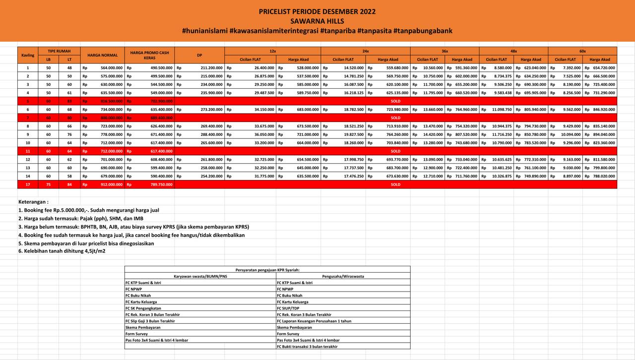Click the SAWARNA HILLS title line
pyautogui.click(x=317, y=21)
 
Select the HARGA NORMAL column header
pyautogui.click(x=102, y=55)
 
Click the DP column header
pyautogui.click(x=199, y=55)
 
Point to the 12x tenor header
pyautogui.click(x=272, y=51)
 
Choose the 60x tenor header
pyautogui.click(x=582, y=51)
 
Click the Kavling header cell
pyautogui.click(x=28, y=55)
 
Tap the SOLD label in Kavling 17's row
pyautogui.click(x=395, y=184)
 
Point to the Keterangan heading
pyautogui.click(x=33, y=202)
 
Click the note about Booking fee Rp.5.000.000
pyautogui.click(x=89, y=210)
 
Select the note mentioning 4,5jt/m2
pyautogui.click(x=62, y=251)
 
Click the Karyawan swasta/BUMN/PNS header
pyautogui.click(x=200, y=276)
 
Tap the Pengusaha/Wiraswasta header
pyautogui.click(x=343, y=276)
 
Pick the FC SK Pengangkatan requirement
pyautogui.click(x=144, y=308)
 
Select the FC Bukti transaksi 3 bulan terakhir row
pyautogui.click(x=307, y=347)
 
